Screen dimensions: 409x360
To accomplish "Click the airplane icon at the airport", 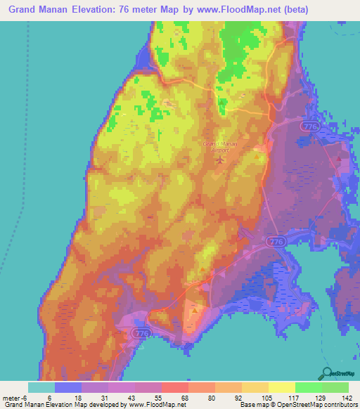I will [221, 159].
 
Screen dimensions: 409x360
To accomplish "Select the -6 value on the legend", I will [25, 397].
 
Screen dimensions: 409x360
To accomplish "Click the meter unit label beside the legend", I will [10, 397].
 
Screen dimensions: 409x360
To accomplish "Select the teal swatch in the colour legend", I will [41, 387].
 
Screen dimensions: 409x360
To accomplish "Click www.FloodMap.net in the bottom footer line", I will [155, 405].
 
